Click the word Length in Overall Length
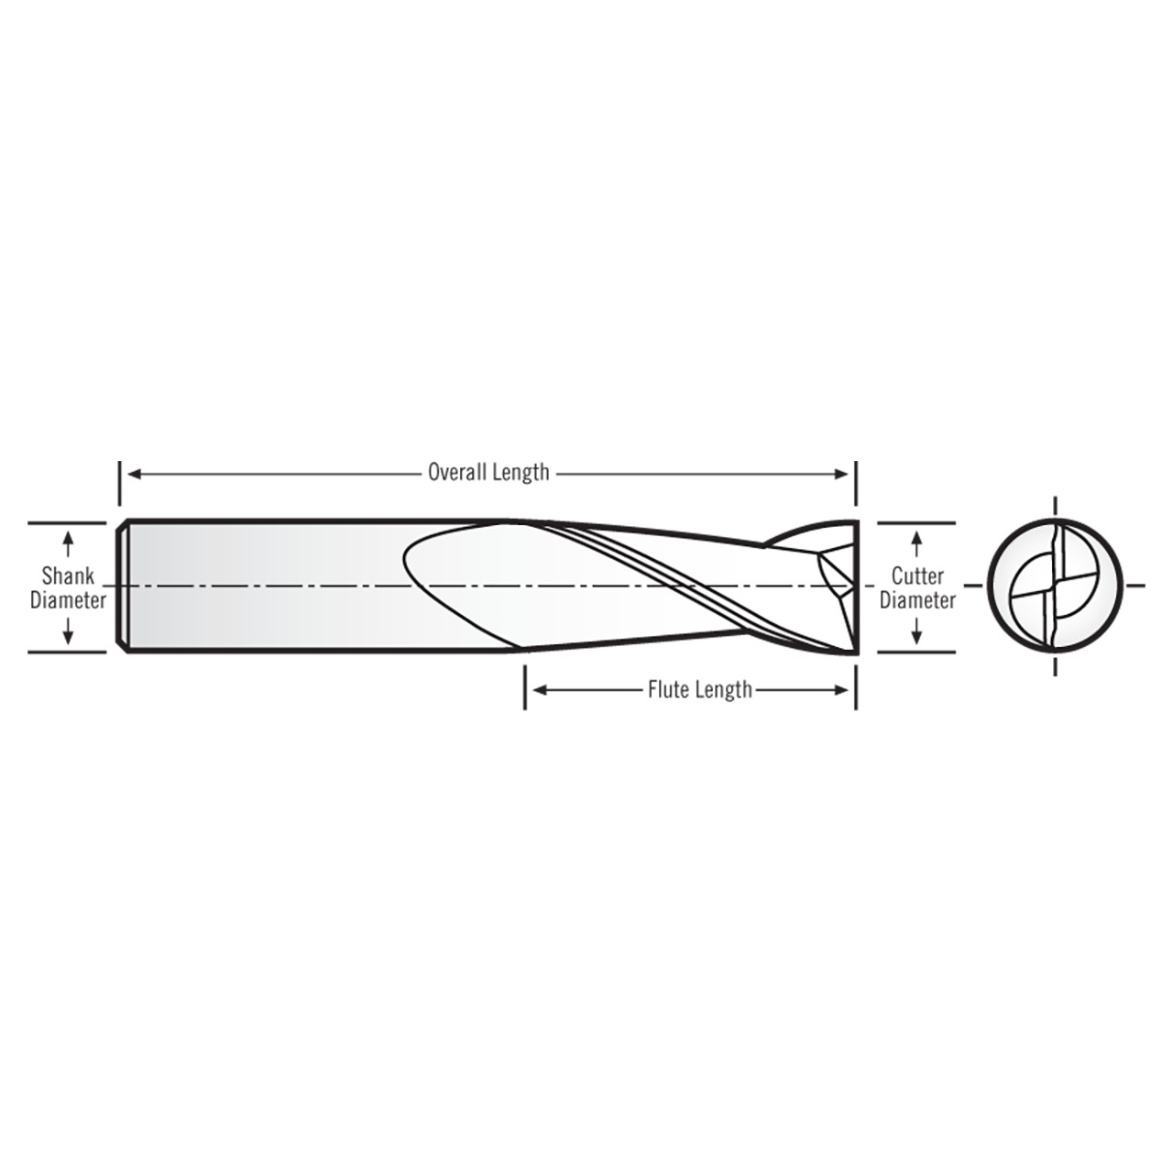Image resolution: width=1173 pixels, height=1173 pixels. tap(520, 473)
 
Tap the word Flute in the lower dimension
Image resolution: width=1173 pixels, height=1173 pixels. tap(668, 689)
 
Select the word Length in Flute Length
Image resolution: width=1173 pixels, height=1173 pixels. tap(724, 689)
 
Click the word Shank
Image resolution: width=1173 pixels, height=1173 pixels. tap(68, 576)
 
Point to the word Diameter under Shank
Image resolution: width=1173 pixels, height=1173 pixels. tap(68, 600)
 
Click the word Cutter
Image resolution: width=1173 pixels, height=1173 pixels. tap(917, 576)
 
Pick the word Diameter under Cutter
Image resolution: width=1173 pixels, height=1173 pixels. tap(917, 600)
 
